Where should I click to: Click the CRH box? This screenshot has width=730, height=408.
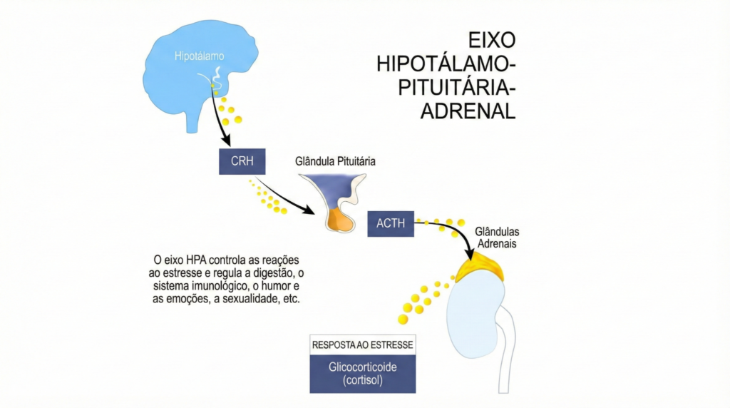click(x=242, y=161)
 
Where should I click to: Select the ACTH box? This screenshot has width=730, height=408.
click(x=391, y=223)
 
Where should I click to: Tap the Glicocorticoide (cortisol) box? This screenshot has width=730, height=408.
click(x=362, y=373)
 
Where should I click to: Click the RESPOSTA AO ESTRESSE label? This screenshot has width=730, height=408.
click(x=362, y=345)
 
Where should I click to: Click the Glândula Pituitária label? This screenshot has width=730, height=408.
click(x=335, y=162)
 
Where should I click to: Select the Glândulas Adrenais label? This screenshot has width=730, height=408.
click(x=496, y=238)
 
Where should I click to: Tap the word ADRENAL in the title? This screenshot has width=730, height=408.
click(x=467, y=112)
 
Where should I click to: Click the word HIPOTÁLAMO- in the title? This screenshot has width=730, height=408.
click(x=446, y=63)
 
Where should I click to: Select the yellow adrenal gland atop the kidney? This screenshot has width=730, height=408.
click(x=478, y=270)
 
